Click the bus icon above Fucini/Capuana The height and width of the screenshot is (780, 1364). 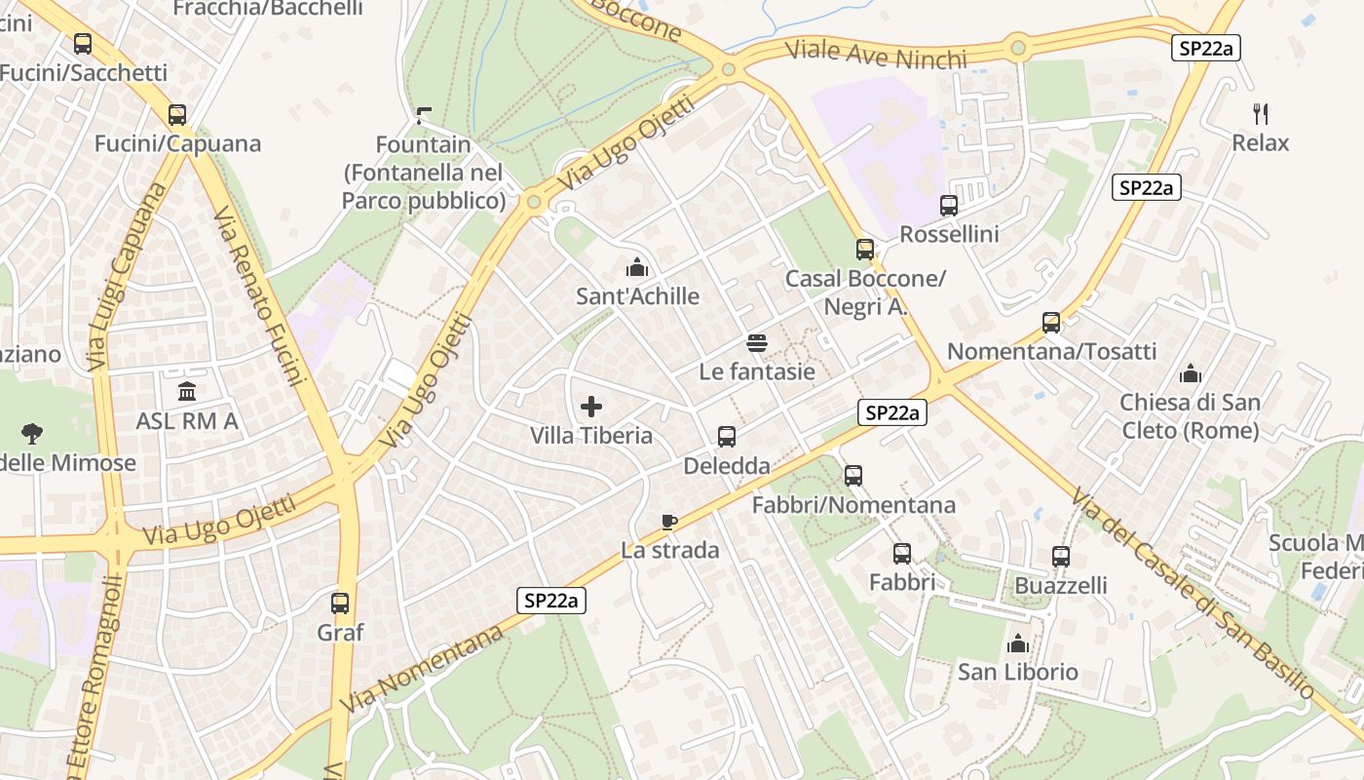point(176,115)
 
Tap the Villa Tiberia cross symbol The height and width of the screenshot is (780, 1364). point(591,407)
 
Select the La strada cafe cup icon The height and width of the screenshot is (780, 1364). point(668,522)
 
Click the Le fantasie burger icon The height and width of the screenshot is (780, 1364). point(757,342)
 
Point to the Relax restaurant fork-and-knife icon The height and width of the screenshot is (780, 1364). point(1261,114)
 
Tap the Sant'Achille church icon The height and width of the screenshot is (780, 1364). point(637,267)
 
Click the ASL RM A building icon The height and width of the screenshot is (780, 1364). point(187,392)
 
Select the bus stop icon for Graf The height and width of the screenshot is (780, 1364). point(340,604)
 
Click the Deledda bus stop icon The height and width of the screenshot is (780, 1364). point(727,437)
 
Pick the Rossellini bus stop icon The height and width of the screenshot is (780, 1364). point(949,206)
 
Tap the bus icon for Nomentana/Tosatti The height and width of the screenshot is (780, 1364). point(1051,323)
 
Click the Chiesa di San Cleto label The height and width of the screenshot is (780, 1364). point(1190,415)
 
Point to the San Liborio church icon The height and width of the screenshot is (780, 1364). point(1018,643)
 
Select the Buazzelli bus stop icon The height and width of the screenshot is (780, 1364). point(1061,557)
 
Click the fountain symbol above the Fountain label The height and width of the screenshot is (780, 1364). point(423,116)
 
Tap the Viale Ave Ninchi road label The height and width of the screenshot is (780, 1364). point(876,55)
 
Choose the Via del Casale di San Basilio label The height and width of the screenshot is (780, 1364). point(1193,594)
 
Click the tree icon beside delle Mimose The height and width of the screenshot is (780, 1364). point(32,433)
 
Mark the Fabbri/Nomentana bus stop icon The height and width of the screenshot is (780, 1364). point(853,476)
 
